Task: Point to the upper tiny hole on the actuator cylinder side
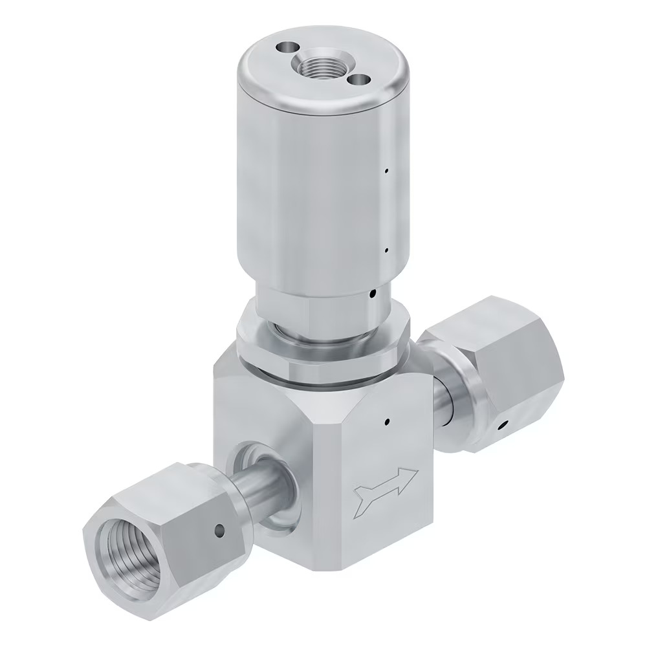pyautogui.click(x=386, y=171)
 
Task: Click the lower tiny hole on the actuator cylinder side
pyautogui.click(x=386, y=249)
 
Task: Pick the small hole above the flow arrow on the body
pyautogui.click(x=386, y=422)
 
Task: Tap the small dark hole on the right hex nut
pyautogui.click(x=502, y=426)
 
